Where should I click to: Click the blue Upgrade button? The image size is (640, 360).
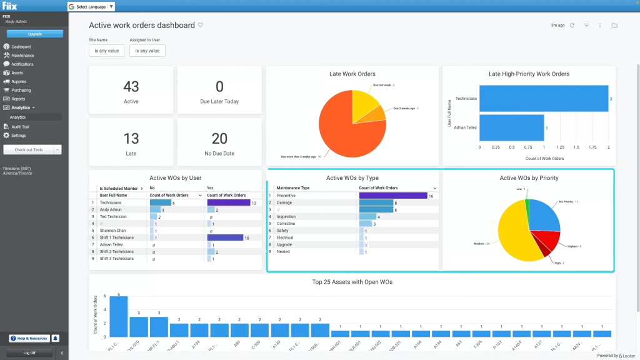point(34,34)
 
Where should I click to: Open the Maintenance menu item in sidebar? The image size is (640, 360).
point(22,56)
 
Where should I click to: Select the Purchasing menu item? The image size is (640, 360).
point(21,90)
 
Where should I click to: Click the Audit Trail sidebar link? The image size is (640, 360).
point(20,127)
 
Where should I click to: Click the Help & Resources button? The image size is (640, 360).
point(29,338)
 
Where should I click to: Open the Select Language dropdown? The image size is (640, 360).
point(91,7)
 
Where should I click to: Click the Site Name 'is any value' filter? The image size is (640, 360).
point(106,51)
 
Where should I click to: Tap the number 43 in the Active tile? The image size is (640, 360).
point(131,86)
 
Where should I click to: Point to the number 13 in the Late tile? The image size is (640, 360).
point(131,138)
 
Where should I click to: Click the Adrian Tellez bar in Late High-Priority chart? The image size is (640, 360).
point(511,127)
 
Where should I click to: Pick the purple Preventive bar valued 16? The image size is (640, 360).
point(392,196)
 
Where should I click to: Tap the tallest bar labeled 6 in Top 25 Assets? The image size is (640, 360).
point(119,316)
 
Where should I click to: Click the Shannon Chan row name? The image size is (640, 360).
point(112,231)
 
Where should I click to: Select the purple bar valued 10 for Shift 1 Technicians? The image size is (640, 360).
point(224,237)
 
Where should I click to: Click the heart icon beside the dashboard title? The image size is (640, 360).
point(201,25)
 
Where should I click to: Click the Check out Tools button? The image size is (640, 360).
point(29,150)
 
